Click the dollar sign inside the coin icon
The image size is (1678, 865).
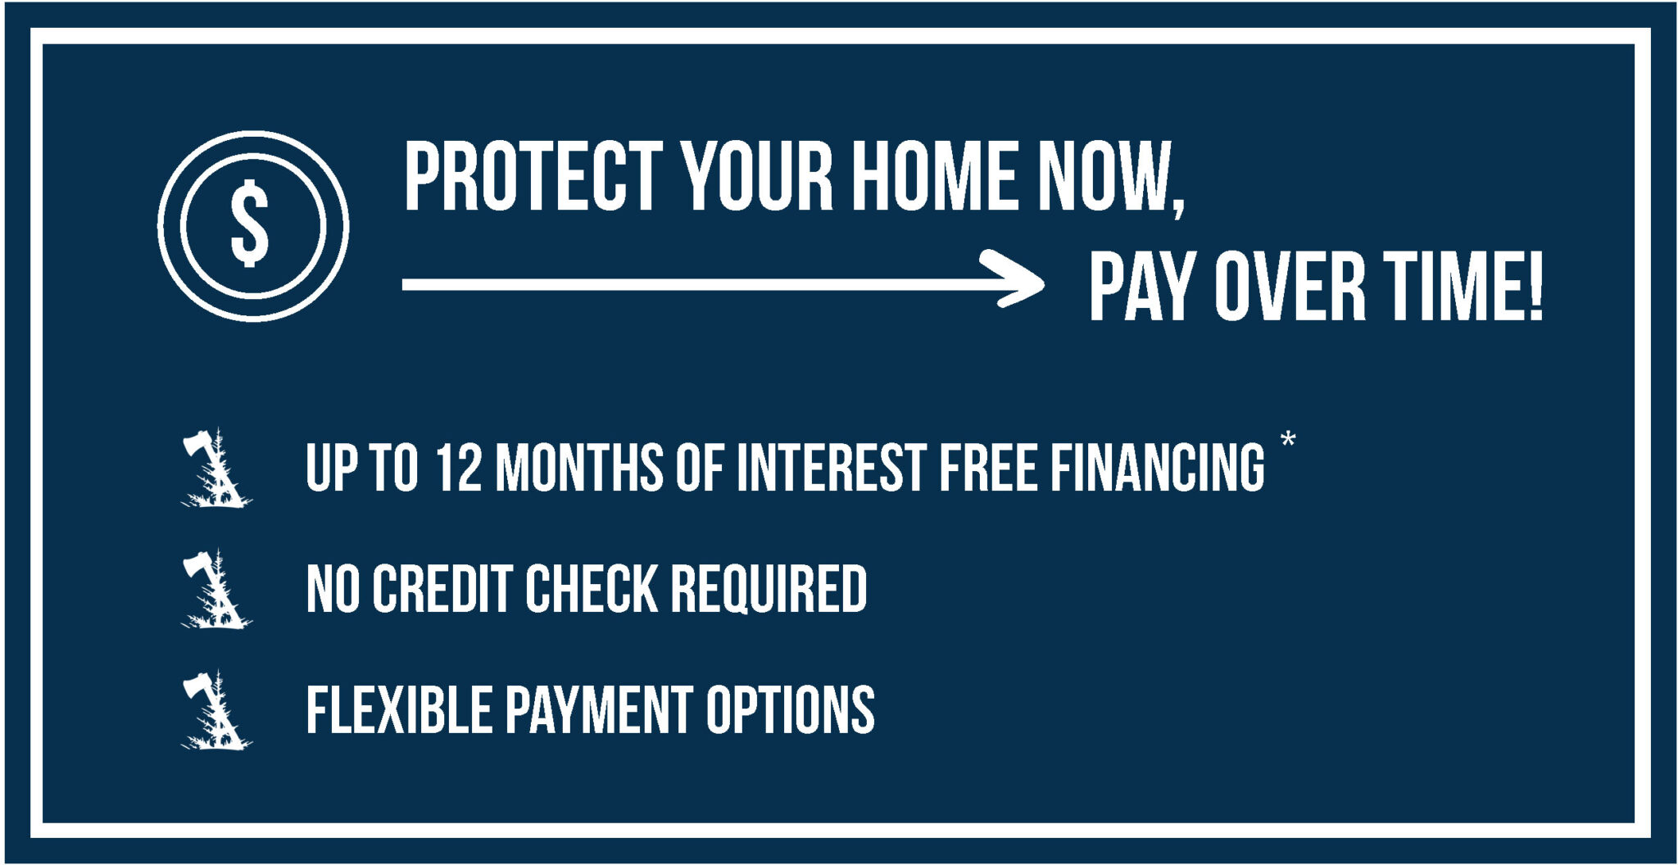250,224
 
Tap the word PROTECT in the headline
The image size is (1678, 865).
533,176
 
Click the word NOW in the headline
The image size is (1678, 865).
1106,176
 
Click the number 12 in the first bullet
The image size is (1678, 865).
459,468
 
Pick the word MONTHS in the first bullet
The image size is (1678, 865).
579,468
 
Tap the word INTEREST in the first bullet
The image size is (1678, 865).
831,468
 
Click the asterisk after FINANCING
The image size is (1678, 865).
1288,440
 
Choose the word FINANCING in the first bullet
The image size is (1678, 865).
1158,468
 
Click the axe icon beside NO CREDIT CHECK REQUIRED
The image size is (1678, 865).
215,590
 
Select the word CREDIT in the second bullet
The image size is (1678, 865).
442,589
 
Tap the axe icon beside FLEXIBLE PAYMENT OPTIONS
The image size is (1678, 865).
215,711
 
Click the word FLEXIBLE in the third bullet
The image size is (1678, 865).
399,710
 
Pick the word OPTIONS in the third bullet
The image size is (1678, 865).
791,710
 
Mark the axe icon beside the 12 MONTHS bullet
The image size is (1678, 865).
215,469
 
